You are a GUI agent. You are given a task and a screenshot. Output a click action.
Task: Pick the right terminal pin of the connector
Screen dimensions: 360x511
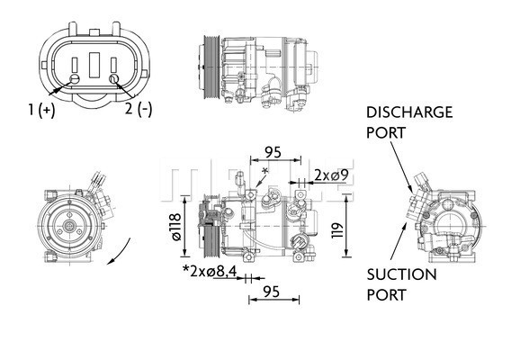114,80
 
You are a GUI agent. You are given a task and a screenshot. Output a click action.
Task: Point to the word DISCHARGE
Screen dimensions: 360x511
409,112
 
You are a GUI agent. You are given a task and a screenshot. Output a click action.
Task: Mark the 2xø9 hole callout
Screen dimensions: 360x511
325,174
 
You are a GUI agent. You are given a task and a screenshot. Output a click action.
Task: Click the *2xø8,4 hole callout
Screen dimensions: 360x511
211,270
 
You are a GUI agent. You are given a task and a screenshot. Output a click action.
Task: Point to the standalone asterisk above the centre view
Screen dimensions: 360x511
264,172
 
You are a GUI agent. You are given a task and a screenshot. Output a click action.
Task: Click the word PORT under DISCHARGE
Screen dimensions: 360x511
386,132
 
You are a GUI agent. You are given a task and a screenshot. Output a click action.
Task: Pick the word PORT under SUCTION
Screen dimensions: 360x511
386,294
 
